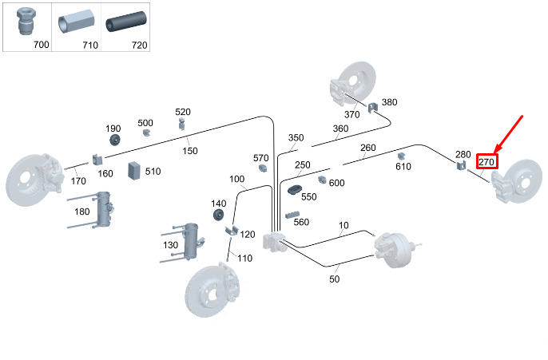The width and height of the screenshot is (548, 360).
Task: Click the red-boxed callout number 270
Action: [x=487, y=161]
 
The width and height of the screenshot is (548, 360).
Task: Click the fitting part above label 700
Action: [x=25, y=23]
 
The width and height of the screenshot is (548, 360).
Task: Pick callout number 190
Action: [x=113, y=129]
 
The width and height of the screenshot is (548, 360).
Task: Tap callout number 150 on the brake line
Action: [x=190, y=151]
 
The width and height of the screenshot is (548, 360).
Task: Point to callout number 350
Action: [x=296, y=138]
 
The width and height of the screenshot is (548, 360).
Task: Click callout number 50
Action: [x=335, y=279]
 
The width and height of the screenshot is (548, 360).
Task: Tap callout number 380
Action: [x=389, y=102]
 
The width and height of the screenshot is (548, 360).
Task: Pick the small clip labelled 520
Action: [x=182, y=122]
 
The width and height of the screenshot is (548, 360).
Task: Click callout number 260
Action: [x=367, y=148]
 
